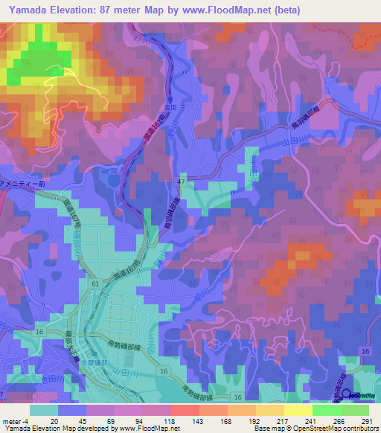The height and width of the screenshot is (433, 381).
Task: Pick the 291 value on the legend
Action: pyautogui.click(x=365, y=421)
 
